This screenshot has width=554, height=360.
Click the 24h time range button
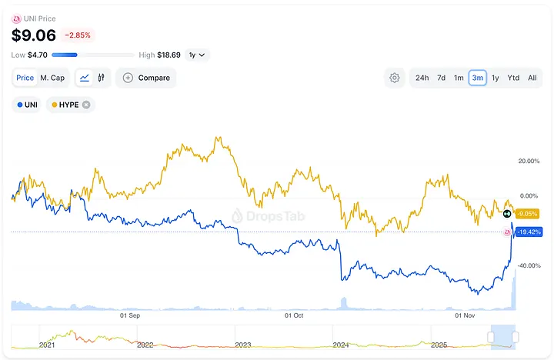[422, 78]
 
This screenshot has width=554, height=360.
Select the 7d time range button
[442, 78]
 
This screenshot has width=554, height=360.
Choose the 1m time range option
[459, 78]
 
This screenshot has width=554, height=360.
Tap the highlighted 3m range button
[477, 78]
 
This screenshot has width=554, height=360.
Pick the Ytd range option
[513, 78]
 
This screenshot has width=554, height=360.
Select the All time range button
[532, 78]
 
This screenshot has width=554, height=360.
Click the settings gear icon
[395, 78]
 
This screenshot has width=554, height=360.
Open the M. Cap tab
[52, 78]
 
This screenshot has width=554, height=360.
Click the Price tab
[25, 78]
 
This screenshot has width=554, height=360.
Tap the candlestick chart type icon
[101, 78]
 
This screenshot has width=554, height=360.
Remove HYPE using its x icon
[86, 105]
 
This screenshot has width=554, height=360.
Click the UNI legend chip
[26, 105]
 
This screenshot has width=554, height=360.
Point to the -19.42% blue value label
[529, 232]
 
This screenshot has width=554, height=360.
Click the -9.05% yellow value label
[527, 214]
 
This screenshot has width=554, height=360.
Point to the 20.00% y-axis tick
[529, 161]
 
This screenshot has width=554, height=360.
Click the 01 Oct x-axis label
[294, 315]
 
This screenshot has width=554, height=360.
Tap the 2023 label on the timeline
[243, 345]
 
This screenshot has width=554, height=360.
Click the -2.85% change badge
[78, 35]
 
